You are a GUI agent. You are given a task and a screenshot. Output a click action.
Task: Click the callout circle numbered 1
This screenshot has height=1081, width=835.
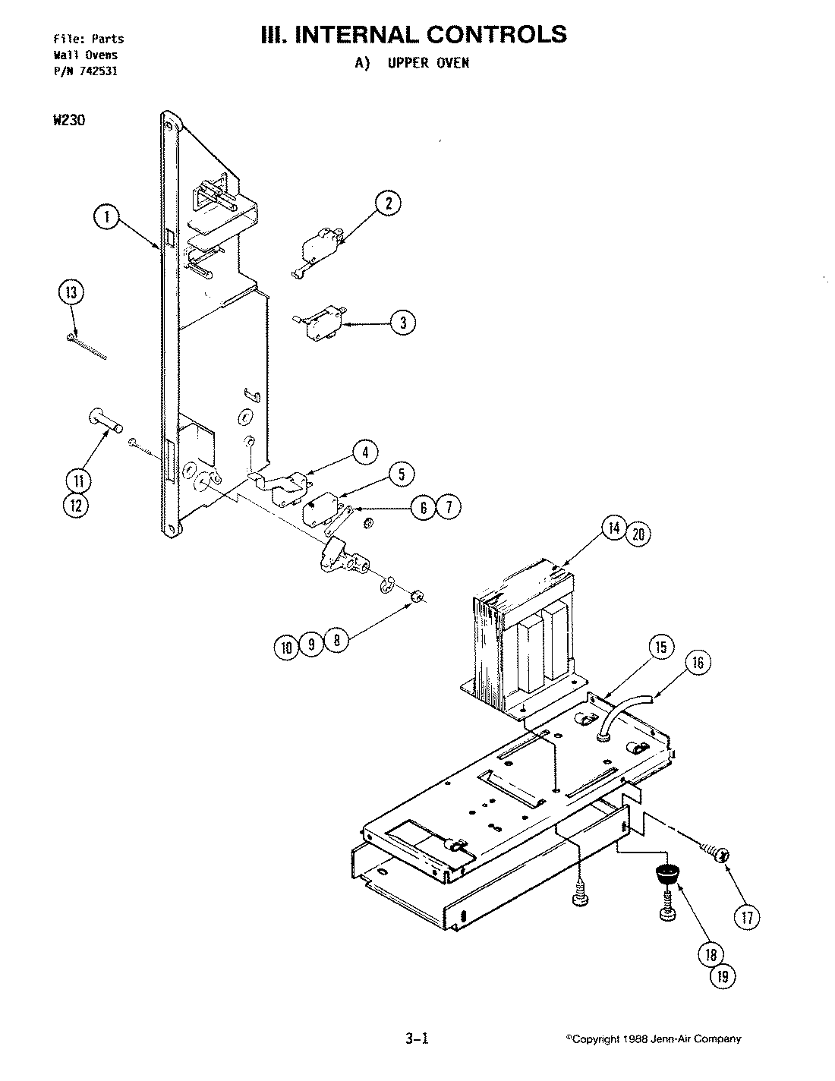tap(106, 218)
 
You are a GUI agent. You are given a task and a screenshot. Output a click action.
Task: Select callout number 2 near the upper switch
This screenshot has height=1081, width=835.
tap(388, 202)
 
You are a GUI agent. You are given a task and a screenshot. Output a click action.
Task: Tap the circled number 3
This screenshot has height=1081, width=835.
tap(403, 323)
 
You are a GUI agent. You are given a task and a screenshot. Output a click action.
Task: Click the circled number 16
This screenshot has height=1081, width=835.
tap(698, 663)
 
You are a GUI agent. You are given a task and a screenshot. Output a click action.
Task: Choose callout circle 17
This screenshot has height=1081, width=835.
tap(747, 917)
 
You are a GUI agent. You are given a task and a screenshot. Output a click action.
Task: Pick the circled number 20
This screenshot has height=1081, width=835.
tap(638, 534)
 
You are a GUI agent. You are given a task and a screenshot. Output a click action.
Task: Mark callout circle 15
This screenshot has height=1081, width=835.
tap(660, 647)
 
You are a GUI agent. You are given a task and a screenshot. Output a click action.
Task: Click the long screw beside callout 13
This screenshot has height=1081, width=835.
tap(87, 346)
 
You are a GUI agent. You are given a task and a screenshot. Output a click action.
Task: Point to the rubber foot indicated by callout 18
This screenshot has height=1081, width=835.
tap(666, 874)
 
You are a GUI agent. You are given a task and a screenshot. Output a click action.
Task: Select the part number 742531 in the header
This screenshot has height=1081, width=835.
tap(100, 71)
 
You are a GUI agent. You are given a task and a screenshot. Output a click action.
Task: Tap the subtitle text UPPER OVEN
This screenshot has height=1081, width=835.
tap(428, 63)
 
